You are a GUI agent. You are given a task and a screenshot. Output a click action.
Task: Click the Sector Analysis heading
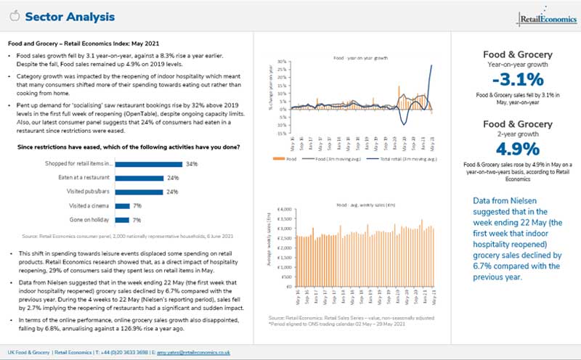click(x=70, y=17)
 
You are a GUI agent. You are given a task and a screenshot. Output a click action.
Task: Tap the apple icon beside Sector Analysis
click(x=13, y=16)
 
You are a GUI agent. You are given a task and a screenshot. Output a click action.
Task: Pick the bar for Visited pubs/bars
click(x=135, y=192)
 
